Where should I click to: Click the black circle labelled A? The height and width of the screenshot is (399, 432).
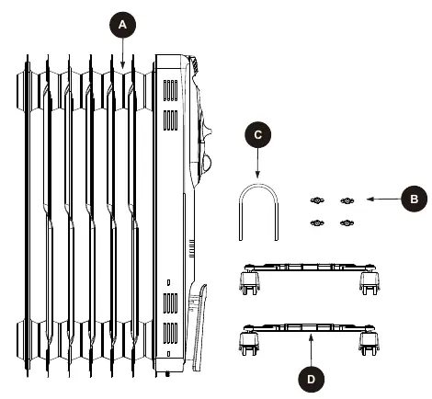[x=122, y=25]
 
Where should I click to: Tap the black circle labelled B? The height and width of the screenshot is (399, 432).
[x=414, y=199]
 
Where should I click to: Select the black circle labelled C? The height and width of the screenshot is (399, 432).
[x=258, y=135]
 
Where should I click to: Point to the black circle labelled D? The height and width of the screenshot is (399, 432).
[x=311, y=380]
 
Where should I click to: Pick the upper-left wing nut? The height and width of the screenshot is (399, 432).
[x=317, y=200]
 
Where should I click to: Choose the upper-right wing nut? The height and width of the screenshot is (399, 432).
[x=347, y=200]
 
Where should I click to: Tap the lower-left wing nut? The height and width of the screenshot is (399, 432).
[x=317, y=222]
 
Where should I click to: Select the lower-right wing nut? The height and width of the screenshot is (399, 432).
[x=347, y=222]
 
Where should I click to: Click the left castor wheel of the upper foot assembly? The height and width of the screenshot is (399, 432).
[x=249, y=282]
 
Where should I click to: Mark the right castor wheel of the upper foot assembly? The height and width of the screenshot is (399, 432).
[x=369, y=282]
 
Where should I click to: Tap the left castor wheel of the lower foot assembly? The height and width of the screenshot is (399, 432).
[x=249, y=343]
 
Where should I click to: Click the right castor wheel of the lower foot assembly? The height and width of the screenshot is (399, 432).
[x=369, y=343]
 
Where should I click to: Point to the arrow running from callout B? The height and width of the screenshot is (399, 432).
[x=384, y=199]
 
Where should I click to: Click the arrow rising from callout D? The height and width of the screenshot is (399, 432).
[x=311, y=350]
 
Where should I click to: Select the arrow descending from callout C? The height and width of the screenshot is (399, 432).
[x=257, y=163]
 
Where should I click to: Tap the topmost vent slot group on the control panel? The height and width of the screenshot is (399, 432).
[x=170, y=90]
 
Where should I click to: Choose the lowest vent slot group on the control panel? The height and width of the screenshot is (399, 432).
[x=170, y=333]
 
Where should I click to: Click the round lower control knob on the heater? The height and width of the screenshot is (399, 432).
[x=207, y=163]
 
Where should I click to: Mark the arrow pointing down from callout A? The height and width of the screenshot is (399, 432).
[x=122, y=52]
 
